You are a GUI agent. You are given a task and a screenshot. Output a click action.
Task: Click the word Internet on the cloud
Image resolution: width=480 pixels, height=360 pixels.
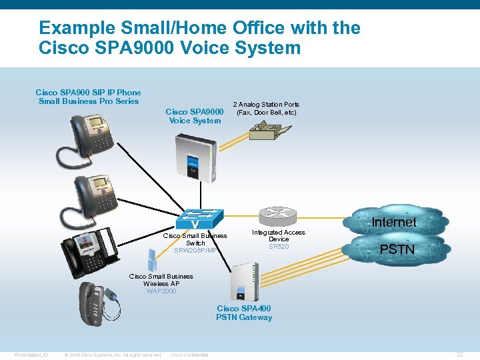pyautogui.click(x=393, y=222)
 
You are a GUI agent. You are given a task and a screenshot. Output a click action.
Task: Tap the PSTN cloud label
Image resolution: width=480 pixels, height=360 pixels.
pyautogui.click(x=397, y=250)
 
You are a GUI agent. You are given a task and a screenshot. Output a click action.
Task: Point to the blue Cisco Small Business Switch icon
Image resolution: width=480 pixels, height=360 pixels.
pyautogui.click(x=199, y=219)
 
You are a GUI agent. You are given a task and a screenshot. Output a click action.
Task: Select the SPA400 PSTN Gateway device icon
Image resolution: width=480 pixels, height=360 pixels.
pyautogui.click(x=243, y=280)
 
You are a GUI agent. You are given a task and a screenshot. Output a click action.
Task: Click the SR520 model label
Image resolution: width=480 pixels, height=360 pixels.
pyautogui.click(x=279, y=247)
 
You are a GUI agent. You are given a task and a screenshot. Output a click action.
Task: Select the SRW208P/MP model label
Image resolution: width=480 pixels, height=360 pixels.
pyautogui.click(x=195, y=251)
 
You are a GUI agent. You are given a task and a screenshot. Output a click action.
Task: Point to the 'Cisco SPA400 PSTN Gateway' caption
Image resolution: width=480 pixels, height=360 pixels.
pyautogui.click(x=244, y=313)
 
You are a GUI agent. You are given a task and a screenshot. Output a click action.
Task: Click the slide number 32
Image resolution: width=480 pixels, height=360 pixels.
pyautogui.click(x=459, y=354)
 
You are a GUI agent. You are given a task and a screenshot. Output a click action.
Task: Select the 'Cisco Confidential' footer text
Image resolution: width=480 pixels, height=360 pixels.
pyautogui.click(x=189, y=355)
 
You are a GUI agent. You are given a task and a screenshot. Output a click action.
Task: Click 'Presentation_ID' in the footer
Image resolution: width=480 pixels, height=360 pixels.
pyautogui.click(x=31, y=355)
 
